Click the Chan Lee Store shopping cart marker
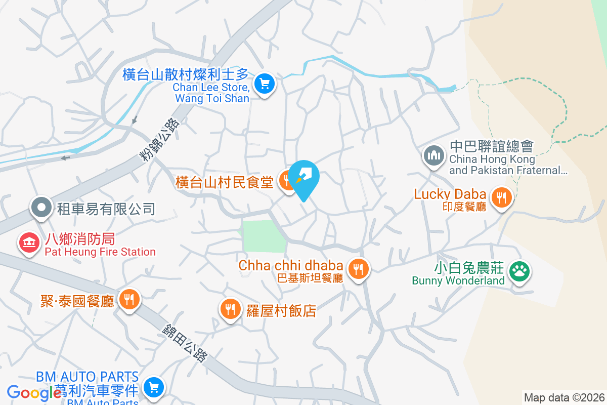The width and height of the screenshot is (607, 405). point(264,84)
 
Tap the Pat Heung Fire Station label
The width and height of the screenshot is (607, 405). point(100,252)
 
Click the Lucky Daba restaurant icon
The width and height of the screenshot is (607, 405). point(502,197)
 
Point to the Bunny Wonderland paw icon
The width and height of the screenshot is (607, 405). point(519,271)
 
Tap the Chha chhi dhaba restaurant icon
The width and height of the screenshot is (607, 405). point(359,268)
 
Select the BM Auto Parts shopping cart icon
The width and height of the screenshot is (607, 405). point(153,388)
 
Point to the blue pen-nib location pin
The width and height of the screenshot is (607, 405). point(305,179)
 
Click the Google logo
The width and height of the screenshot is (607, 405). point(34,392)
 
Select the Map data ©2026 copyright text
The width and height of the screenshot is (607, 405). point(563,397)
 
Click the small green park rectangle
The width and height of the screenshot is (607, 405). point(264,236)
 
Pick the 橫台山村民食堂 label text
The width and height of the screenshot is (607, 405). point(225,182)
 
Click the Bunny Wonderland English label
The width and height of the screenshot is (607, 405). point(458,280)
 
